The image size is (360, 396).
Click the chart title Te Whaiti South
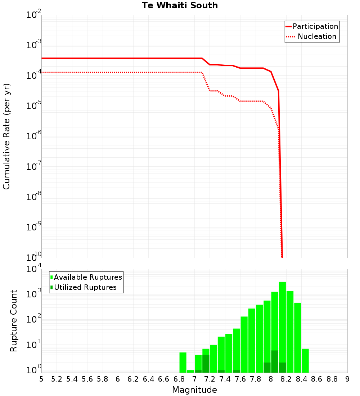[180, 5]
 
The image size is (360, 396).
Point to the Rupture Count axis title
[14, 321]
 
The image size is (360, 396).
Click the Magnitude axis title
[194, 390]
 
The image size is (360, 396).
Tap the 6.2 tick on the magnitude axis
[133, 379]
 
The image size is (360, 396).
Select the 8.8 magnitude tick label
[332, 379]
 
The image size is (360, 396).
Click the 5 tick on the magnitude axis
[41, 379]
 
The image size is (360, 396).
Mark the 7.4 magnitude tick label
[225, 379]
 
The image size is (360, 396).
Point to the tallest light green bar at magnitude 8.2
[282, 324]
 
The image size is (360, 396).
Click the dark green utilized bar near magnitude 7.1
[206, 364]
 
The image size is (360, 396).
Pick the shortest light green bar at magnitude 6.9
[190, 371]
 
